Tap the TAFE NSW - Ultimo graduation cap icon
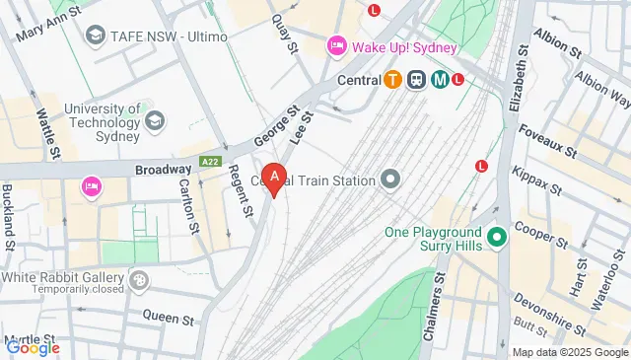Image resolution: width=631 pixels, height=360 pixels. pos(96,36)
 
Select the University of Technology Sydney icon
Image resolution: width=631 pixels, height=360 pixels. pos(154,120)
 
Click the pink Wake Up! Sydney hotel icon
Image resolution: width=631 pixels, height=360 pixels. pos(336,46)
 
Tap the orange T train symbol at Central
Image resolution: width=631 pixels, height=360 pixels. pos(393,79)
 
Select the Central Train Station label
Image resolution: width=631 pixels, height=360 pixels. pos(313,180)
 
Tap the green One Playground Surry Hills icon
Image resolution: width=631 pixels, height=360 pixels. pos(498,237)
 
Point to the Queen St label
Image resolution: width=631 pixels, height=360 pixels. pos(168,319)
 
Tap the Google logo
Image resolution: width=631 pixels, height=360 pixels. pos(33,347)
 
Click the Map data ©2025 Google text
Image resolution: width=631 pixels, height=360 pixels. pos(569,352)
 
